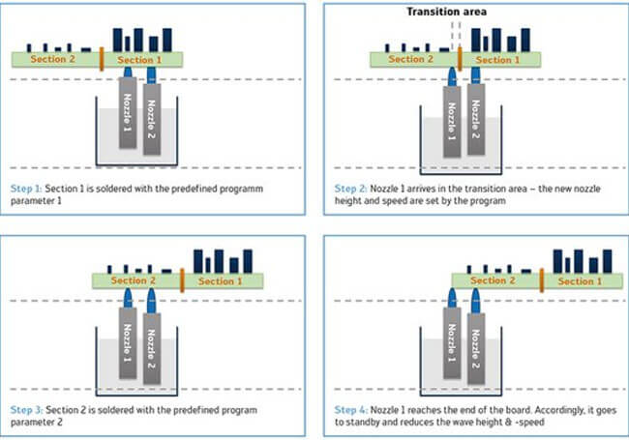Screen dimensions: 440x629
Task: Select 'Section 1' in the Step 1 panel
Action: coord(140,60)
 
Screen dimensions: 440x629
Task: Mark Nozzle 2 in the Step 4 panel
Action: coord(475,343)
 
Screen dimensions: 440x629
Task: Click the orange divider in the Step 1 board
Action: coord(101,60)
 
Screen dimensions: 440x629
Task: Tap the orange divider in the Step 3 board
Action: coord(182,281)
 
